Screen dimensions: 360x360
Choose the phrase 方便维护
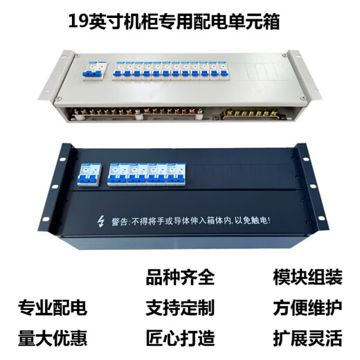pyautogui.click(x=307, y=306)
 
